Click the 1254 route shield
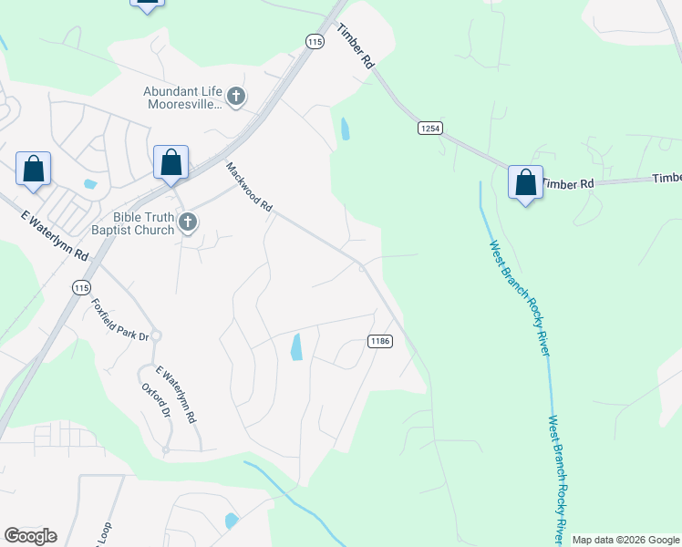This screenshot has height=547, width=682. coord(430,129)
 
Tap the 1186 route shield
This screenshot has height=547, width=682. coord(380,341)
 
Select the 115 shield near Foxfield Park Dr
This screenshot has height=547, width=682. coord(80,287)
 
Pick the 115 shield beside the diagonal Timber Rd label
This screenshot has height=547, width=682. coord(315,42)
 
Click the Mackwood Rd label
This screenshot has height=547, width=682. coord(249,188)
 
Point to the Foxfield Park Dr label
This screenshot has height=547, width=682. coord(119,320)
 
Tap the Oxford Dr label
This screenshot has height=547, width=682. coord(156,399)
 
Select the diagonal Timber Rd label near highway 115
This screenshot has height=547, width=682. coord(356,46)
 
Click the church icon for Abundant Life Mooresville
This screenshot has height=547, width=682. coord(236,97)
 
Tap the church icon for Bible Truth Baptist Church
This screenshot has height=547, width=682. coord(188,222)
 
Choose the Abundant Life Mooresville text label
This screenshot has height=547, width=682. coord(182,98)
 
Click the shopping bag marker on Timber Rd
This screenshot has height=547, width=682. coord(525,182)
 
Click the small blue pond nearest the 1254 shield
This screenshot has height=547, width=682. coord(345,129)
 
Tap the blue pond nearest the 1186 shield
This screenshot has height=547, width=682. coord(296,346)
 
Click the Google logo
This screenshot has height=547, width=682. coord(30,536)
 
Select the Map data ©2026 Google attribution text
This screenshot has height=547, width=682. coord(625,540)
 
